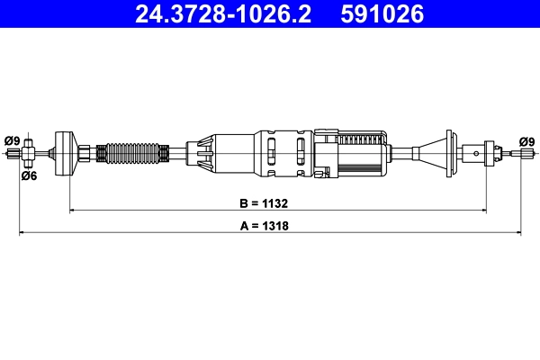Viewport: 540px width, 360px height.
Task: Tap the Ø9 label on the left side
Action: (x=12, y=139)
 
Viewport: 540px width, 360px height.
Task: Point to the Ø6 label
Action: (x=29, y=175)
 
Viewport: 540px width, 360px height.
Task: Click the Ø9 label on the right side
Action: (x=526, y=140)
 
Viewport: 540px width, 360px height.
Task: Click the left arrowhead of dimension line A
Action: (x=23, y=234)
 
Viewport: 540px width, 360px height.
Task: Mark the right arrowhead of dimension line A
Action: (x=518, y=234)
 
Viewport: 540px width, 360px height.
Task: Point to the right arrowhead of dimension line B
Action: (x=483, y=211)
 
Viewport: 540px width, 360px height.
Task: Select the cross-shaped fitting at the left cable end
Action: (x=29, y=154)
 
